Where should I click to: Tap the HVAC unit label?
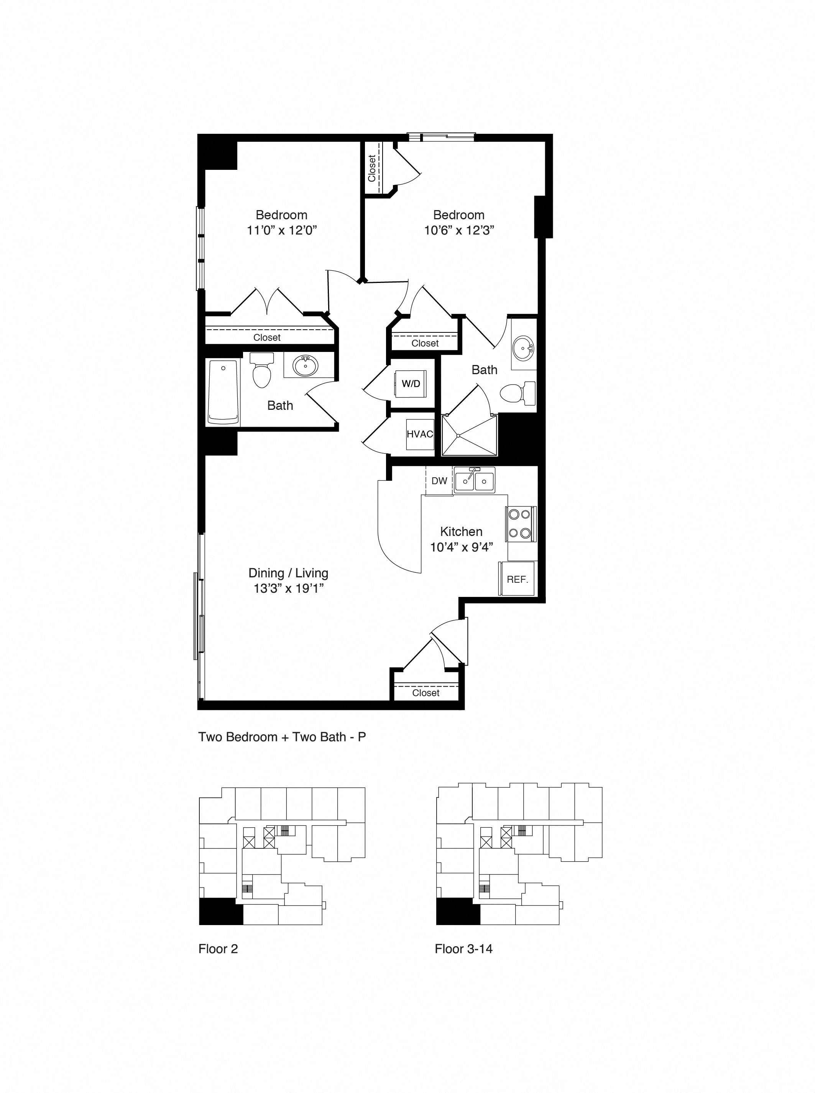(420, 434)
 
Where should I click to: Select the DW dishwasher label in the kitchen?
(439, 481)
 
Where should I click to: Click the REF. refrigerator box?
(517, 579)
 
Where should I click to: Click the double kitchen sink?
(474, 480)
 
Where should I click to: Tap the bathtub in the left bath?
(223, 392)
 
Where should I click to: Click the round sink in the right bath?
(523, 349)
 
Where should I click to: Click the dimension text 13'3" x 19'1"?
(289, 588)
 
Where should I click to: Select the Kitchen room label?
(461, 531)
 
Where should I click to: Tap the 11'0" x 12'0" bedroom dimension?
(281, 230)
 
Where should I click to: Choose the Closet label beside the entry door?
(425, 693)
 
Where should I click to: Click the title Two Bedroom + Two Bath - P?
(282, 737)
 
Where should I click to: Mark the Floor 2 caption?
(218, 948)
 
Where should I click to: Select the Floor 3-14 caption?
(463, 948)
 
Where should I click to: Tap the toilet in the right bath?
(518, 393)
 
